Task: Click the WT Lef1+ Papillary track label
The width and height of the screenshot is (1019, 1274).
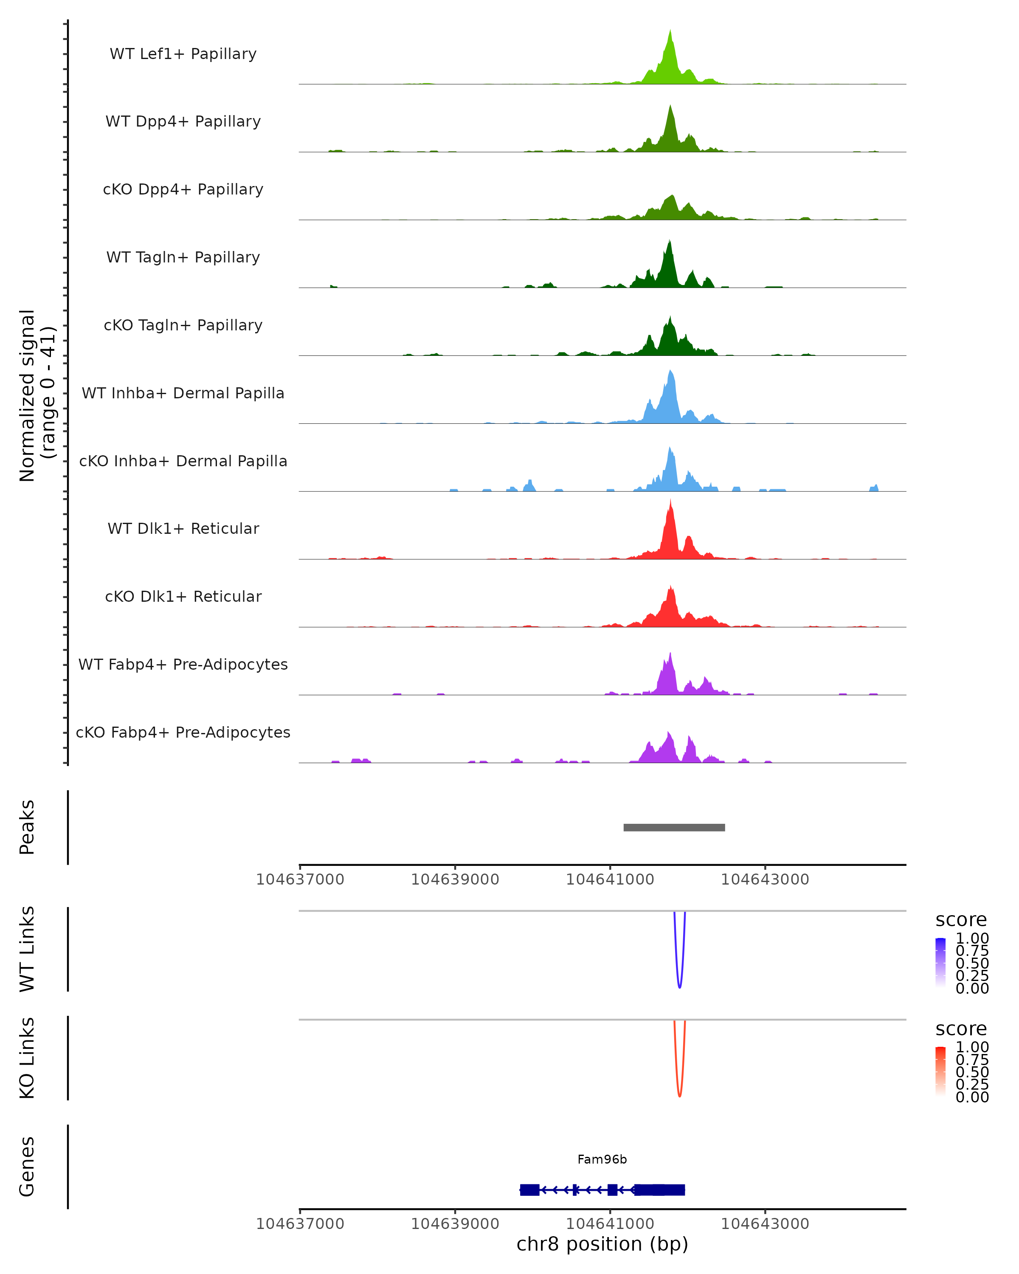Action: (x=183, y=54)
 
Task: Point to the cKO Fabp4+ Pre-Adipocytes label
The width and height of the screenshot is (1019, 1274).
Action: (x=183, y=732)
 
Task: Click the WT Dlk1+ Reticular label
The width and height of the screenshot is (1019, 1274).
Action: (x=183, y=528)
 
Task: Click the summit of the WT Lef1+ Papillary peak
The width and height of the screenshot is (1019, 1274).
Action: (x=670, y=31)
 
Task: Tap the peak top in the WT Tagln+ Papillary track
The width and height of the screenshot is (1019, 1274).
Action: (x=669, y=241)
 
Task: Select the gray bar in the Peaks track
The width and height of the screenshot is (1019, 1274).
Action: (x=674, y=827)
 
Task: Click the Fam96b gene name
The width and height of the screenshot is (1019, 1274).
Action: (x=602, y=1159)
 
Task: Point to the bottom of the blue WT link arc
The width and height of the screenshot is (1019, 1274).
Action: (x=679, y=987)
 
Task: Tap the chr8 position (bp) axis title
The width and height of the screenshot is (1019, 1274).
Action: (x=602, y=1244)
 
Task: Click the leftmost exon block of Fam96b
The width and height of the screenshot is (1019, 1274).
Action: (x=529, y=1189)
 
